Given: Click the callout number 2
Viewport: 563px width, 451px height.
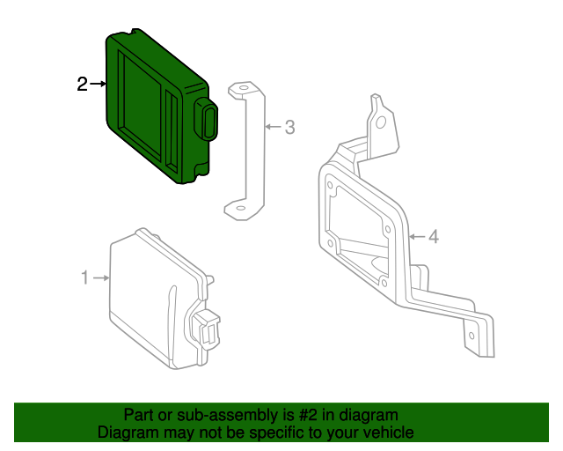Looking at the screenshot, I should pos(82,85).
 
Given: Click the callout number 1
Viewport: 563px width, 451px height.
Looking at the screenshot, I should pos(85,278).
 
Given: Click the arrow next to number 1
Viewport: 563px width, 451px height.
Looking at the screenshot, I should pos(101,278).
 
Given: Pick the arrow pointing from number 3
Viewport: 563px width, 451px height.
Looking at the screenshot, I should pos(273,128).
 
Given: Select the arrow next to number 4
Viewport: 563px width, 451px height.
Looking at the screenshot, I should pos(416,236).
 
